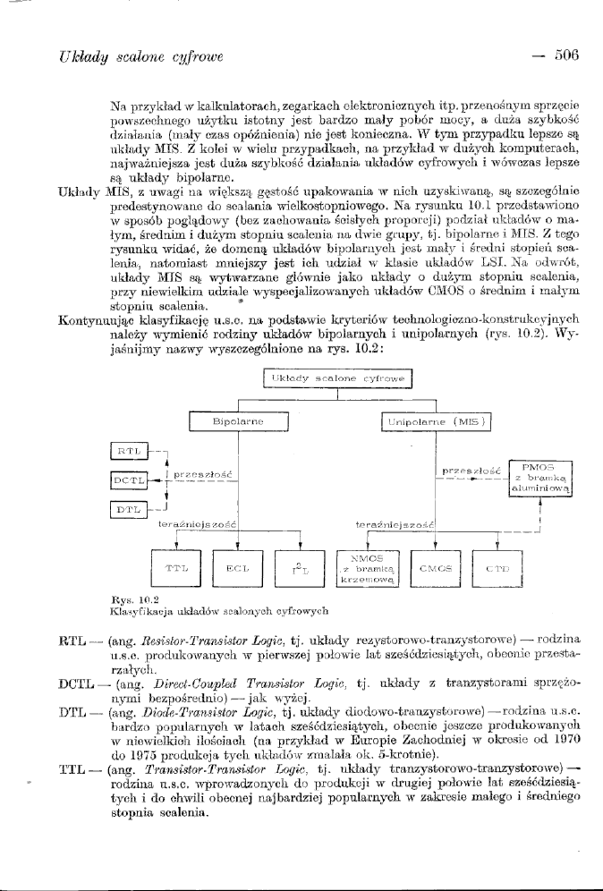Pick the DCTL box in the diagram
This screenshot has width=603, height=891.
coord(128,480)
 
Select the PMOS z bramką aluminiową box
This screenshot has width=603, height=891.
coord(541,479)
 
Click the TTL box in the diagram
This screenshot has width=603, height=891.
coord(176,567)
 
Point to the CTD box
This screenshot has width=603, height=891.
coord(497,567)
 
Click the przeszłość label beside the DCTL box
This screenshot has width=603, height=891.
coord(203,473)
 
